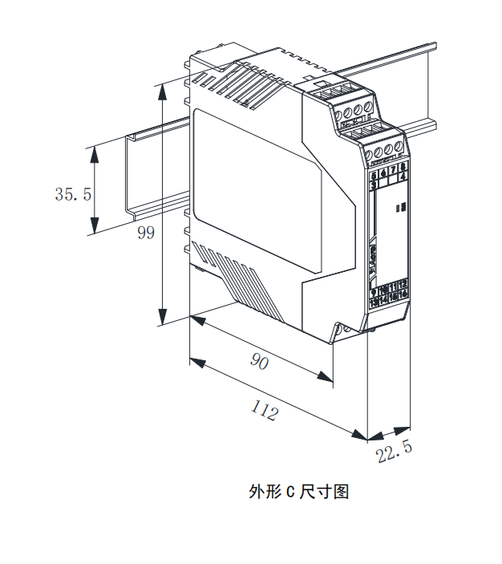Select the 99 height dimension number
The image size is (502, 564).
click(x=145, y=233)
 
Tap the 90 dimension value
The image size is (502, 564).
click(x=258, y=362)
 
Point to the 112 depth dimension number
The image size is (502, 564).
click(x=264, y=412)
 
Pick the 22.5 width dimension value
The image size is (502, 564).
click(x=395, y=452)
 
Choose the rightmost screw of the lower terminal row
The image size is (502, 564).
click(x=398, y=147)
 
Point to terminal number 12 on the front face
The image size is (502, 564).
click(x=403, y=284)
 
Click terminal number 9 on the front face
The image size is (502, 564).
click(x=374, y=291)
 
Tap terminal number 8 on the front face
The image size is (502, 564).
click(x=403, y=167)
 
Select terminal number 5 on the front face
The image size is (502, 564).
click(x=374, y=174)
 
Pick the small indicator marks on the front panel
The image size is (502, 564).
click(x=403, y=207)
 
